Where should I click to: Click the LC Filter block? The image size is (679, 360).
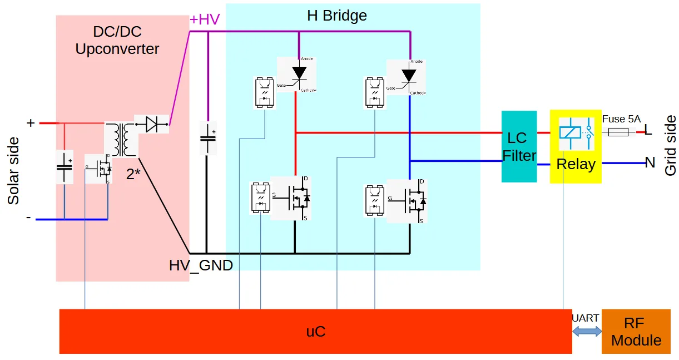tap(519, 146)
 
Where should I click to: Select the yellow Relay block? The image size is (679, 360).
tap(576, 147)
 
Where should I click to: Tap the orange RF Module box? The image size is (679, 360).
tap(636, 332)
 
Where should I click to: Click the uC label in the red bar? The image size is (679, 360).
tap(315, 332)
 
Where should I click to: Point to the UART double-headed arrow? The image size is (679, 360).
tap(587, 331)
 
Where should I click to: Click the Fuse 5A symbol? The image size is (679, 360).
tap(618, 132)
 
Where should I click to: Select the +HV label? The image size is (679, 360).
tap(205, 19)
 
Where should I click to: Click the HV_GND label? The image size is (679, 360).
tap(201, 265)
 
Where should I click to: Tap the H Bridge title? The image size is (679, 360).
tap(337, 16)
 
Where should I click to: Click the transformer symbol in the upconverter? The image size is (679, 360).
tap(121, 140)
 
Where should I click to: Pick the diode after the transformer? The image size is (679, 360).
tap(151, 125)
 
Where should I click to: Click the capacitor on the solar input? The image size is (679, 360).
tap(65, 166)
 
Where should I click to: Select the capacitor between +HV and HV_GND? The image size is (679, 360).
tap(208, 139)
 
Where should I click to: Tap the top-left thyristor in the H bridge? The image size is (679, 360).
tap(298, 75)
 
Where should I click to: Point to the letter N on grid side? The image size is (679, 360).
tap(650, 163)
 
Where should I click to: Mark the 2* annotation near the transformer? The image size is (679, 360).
tap(133, 174)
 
